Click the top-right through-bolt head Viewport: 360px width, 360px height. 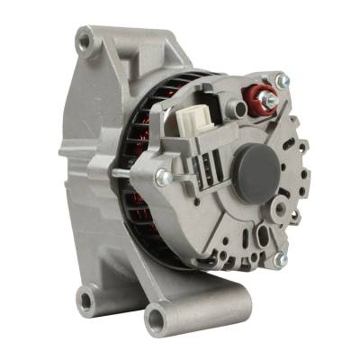click(x=282, y=83)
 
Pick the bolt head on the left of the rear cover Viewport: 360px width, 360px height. click(x=163, y=177)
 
